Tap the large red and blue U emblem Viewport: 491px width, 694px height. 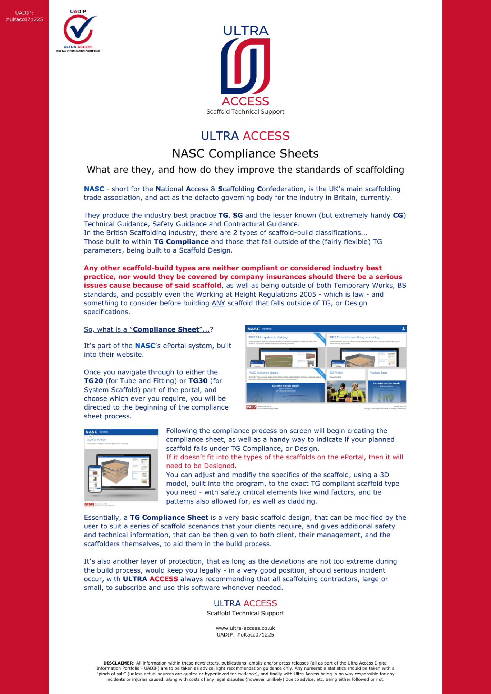pos(245,66)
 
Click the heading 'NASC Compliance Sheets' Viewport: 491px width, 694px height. pos(245,154)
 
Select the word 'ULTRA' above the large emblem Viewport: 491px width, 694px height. pos(245,31)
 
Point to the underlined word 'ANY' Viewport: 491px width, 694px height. pos(218,303)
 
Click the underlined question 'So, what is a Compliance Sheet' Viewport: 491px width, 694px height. pos(148,330)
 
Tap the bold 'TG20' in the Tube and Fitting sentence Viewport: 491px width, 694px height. pos(93,381)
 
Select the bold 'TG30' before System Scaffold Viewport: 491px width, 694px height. pos(198,381)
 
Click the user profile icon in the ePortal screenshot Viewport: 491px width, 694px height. pos(404,329)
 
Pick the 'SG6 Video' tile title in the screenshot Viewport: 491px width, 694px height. pos(336,373)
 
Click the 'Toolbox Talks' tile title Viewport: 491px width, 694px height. pos(378,373)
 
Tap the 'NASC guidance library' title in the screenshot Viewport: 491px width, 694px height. pos(263,373)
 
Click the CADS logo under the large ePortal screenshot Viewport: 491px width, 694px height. pos(251,407)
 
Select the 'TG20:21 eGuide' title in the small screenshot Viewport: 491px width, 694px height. pos(96,440)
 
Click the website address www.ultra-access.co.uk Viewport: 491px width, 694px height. pos(245,628)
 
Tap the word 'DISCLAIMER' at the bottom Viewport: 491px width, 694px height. pos(118,663)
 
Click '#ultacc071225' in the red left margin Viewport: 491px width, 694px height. pos(24,19)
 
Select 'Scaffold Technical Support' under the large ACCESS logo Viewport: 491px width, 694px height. pos(245,112)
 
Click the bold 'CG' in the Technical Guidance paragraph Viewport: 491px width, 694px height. pos(398,216)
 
